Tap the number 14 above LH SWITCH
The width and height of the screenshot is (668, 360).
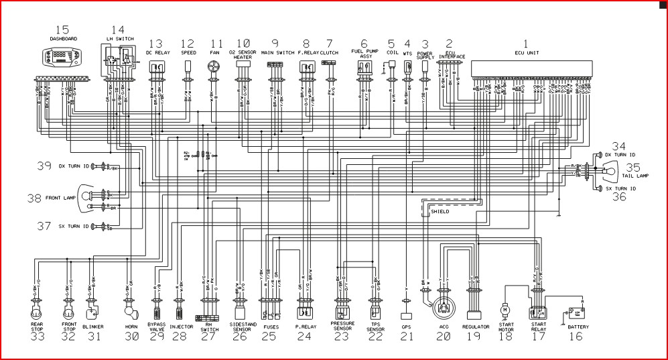pyautogui.click(x=118, y=29)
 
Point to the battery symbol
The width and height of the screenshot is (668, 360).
pyautogui.click(x=575, y=312)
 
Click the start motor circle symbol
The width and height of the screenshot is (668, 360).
pyautogui.click(x=505, y=310)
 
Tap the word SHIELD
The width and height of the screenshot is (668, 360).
pyautogui.click(x=440, y=211)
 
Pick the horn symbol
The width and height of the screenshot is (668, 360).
pyautogui.click(x=129, y=312)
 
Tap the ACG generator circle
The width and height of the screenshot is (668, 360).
pyautogui.click(x=442, y=309)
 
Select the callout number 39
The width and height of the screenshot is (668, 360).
pyautogui.click(x=44, y=166)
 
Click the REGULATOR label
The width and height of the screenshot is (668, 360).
pyautogui.click(x=476, y=327)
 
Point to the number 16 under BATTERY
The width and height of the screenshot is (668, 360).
pyautogui.click(x=576, y=337)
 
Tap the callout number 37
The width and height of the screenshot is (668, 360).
pyautogui.click(x=44, y=226)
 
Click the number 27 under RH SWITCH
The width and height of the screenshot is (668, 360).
pyautogui.click(x=208, y=337)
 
